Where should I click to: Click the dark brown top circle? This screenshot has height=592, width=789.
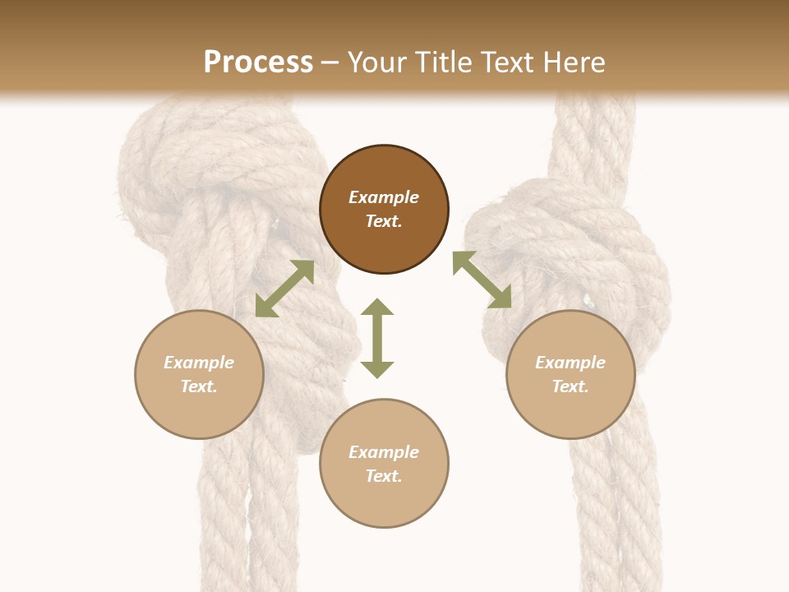pyautogui.click(x=384, y=210)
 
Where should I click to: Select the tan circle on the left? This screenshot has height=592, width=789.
pyautogui.click(x=199, y=374)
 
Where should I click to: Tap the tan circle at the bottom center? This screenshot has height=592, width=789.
pyautogui.click(x=384, y=463)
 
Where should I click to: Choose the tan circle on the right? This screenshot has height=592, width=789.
pyautogui.click(x=570, y=374)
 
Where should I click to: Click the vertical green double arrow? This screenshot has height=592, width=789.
pyautogui.click(x=377, y=338)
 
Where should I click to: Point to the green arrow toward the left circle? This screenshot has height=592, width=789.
pyautogui.click(x=284, y=289)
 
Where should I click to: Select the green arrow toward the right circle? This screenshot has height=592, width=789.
pyautogui.click(x=482, y=280)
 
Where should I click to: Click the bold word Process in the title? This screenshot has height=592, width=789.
pyautogui.click(x=258, y=62)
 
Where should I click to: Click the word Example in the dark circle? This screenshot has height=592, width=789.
pyautogui.click(x=384, y=197)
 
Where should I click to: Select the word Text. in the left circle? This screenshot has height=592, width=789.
pyautogui.click(x=199, y=386)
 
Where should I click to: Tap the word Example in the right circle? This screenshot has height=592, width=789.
pyautogui.click(x=570, y=363)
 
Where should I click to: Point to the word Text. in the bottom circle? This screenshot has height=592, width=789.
pyautogui.click(x=384, y=476)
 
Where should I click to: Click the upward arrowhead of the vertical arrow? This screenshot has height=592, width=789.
pyautogui.click(x=377, y=308)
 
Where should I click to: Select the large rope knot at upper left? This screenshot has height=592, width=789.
pyautogui.click(x=205, y=164)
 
